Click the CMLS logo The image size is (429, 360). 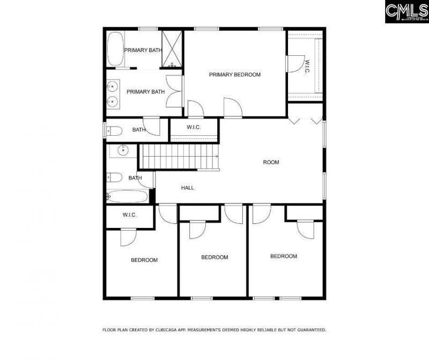[x=406, y=11]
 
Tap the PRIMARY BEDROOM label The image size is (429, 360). [x=234, y=75]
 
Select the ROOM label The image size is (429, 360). [x=271, y=162]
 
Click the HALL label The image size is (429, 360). [x=188, y=188]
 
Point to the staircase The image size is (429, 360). [x=179, y=157]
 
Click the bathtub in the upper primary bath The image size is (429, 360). [x=115, y=49]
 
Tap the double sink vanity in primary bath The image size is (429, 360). [x=113, y=93]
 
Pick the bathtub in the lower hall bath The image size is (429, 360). [x=128, y=196]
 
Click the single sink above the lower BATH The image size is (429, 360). [x=123, y=150]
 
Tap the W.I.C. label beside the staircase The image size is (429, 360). [x=194, y=127]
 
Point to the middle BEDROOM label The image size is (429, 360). [x=214, y=257]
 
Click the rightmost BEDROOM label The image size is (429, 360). [x=283, y=256]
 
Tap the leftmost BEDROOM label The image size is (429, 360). [x=144, y=260]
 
